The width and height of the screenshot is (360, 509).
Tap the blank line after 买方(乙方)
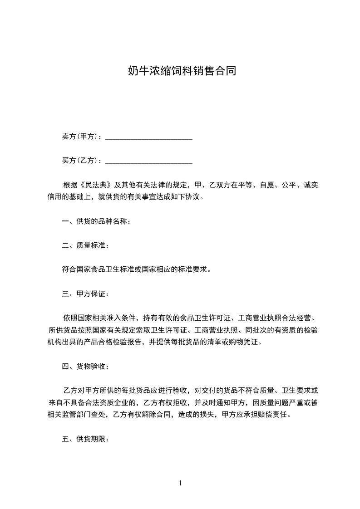click(x=149, y=161)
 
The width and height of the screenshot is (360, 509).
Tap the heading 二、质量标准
click(x=85, y=246)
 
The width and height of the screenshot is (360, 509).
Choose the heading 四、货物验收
click(x=85, y=366)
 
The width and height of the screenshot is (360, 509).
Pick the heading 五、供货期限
click(x=85, y=439)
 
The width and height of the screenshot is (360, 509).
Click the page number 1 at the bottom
click(x=180, y=483)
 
